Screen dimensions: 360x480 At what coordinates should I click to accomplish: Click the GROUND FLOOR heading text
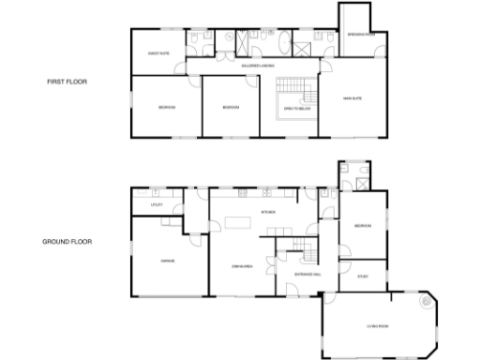pos(67,241)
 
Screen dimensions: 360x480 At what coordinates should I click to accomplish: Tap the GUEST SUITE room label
pos(158,53)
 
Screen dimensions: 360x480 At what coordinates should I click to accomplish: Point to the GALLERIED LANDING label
pos(258,67)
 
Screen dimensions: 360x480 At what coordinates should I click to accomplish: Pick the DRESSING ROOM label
pos(361,35)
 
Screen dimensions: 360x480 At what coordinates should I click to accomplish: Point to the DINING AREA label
pos(241,267)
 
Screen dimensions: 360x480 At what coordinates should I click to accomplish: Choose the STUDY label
pos(363,277)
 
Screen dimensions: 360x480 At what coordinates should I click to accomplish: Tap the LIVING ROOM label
pos(377,325)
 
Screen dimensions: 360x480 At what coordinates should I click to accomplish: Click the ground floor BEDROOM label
pos(363,226)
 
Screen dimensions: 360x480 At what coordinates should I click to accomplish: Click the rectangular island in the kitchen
pos(236,226)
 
